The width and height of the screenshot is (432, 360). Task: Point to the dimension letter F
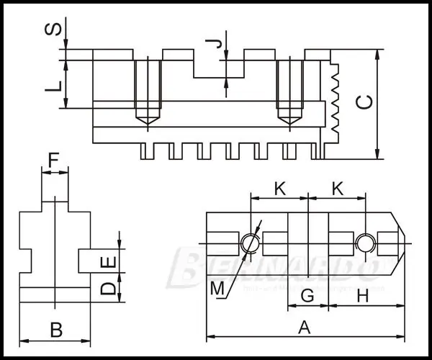pyautogui.click(x=54, y=158)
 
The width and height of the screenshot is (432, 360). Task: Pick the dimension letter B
pyautogui.click(x=55, y=330)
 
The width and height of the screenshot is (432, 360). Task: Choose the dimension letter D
pyautogui.click(x=107, y=289)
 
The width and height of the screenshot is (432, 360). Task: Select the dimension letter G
pyautogui.click(x=307, y=295)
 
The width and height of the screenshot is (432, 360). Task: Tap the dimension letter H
pyautogui.click(x=363, y=295)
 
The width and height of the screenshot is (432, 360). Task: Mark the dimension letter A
pyautogui.click(x=305, y=328)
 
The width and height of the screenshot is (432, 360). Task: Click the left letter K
pyautogui.click(x=280, y=189)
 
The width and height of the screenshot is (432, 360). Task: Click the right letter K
pyautogui.click(x=337, y=189)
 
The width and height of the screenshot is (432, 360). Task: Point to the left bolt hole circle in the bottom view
pyautogui.click(x=250, y=243)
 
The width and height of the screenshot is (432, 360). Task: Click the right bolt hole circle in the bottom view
pyautogui.click(x=364, y=243)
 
